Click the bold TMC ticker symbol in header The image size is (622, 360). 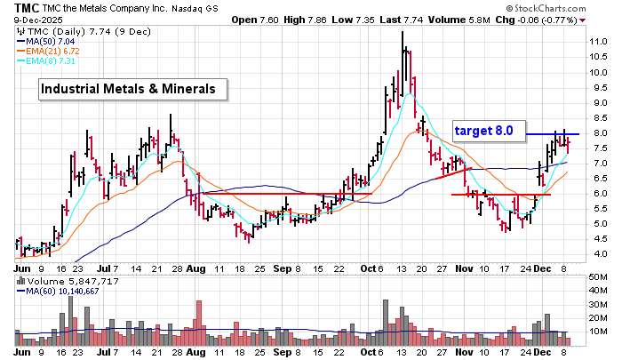[13, 6]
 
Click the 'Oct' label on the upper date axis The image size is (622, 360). [368, 266]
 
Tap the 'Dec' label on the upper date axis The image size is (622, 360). [543, 266]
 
